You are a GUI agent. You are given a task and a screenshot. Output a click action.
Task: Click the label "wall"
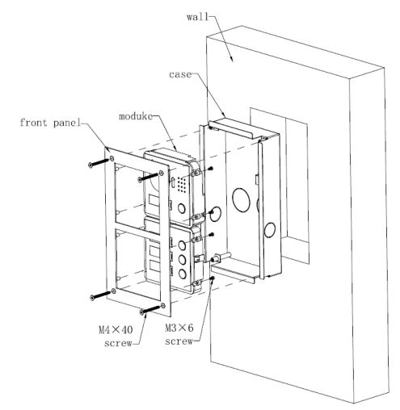coord(197,17)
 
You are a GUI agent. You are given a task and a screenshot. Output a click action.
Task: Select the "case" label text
coord(180,74)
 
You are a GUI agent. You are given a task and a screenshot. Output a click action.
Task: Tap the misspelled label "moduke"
coord(136,116)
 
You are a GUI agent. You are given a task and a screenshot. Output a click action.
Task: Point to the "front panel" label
coord(50,123)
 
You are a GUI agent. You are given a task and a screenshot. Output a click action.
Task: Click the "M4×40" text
coord(116,329)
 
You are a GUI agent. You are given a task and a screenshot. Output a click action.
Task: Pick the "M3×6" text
coord(179,328)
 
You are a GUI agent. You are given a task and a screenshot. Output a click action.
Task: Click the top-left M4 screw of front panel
coord(99,162)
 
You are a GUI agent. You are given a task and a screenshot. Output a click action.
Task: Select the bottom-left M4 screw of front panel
coord(101,295)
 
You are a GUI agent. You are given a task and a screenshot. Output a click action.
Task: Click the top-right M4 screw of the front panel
coord(148,178)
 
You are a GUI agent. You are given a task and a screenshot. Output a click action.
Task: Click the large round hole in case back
coord(242,199)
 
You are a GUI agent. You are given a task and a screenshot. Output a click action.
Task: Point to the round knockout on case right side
coord(269,229)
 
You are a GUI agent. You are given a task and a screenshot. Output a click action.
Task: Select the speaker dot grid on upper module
coord(182,185)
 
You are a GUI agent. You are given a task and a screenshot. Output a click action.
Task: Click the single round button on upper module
coord(182,209)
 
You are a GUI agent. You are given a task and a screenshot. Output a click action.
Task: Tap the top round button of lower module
coord(183,245)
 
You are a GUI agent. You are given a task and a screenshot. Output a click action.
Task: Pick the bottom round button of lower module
coord(183,274)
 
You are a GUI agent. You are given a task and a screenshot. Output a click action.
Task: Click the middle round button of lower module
coord(183,259)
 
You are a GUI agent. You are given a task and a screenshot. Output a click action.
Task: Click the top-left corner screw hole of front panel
coord(112,158)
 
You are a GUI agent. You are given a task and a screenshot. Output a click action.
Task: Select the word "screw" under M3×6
coord(179,341)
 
